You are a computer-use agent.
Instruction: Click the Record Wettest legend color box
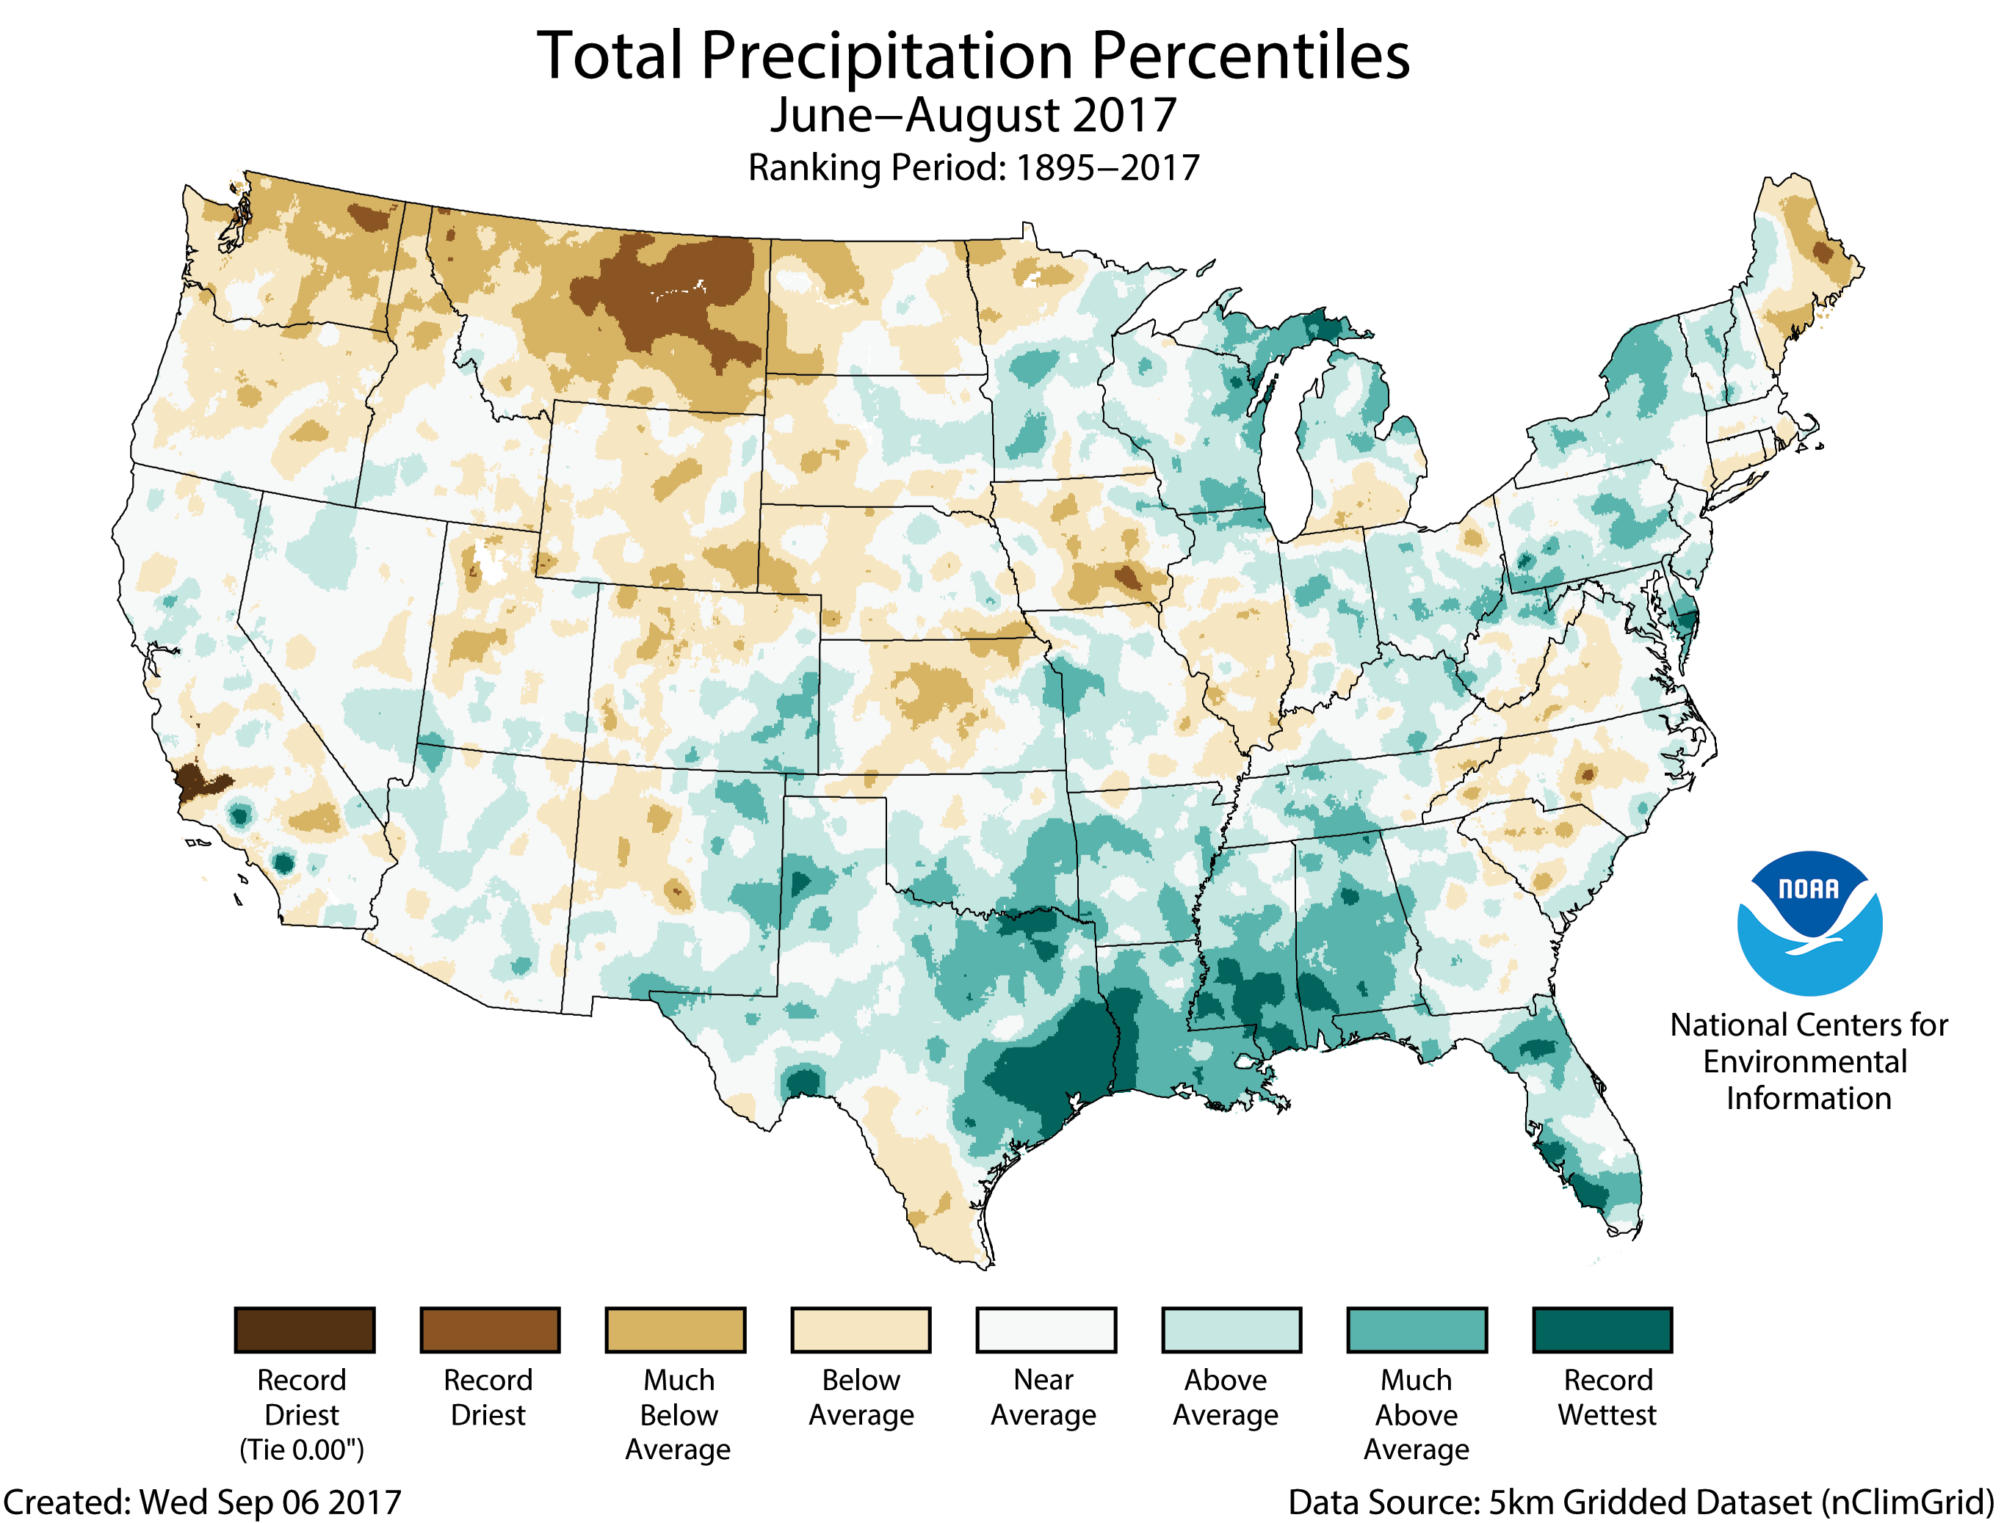coord(1602,1330)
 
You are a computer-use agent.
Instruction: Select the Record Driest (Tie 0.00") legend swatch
coord(305,1330)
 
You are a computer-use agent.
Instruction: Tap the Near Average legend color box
coord(1046,1330)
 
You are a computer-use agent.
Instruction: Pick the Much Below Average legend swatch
coord(676,1330)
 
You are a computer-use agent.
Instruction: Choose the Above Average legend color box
coord(1231,1330)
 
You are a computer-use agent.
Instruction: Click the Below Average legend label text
coord(861,1397)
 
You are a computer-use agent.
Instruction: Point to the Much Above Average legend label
coord(1416,1414)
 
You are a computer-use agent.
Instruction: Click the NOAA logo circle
coord(1809,923)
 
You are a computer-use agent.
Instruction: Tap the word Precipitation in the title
coord(887,57)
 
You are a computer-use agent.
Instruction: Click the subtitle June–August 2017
coord(973,116)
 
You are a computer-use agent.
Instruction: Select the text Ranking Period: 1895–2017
coord(973,167)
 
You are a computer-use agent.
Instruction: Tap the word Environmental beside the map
coord(1804,1061)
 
